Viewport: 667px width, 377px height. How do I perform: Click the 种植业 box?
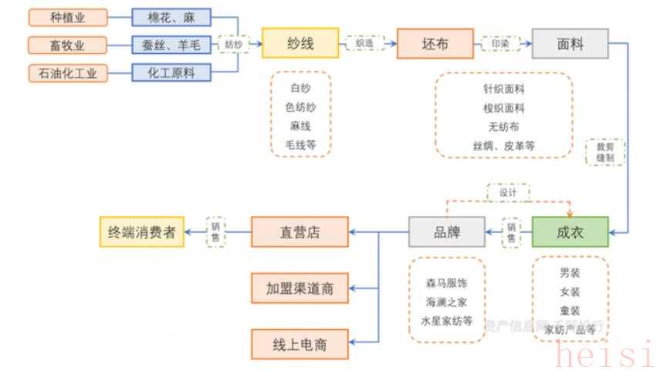pos(68,18)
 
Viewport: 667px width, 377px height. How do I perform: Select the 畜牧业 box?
pos(68,45)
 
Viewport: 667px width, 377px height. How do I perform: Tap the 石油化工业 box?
pos(68,74)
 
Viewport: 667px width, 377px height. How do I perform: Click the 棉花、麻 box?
pos(171,18)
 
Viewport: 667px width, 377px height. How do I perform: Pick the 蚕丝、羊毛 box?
pos(171,45)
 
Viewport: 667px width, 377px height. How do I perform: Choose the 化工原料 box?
pos(171,74)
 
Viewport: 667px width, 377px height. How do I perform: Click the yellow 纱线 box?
pos(300,43)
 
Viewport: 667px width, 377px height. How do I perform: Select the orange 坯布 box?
pos(435,43)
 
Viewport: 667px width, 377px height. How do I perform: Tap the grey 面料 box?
pos(570,43)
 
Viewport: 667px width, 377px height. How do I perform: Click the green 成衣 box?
pos(570,231)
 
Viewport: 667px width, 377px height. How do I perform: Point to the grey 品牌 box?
pos(447,231)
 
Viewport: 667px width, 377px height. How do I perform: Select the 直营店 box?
pos(300,231)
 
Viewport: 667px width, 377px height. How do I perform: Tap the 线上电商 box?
pos(300,344)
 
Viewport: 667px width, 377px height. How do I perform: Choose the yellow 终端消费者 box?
pos(142,231)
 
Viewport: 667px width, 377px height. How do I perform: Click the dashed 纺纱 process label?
pos(234,45)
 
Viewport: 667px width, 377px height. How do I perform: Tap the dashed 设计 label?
pos(508,193)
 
